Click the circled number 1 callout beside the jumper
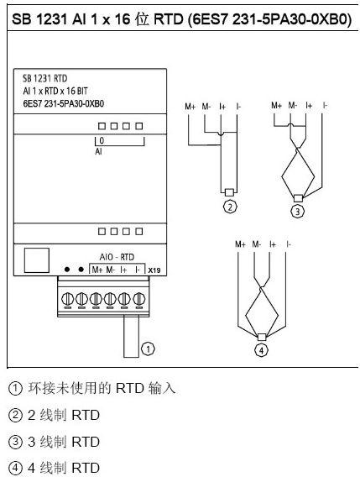(x=148, y=344)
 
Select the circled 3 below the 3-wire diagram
(x=297, y=212)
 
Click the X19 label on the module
(x=154, y=270)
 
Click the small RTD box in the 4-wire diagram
(x=261, y=336)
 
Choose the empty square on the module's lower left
(x=36, y=260)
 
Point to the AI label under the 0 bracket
(x=99, y=152)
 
